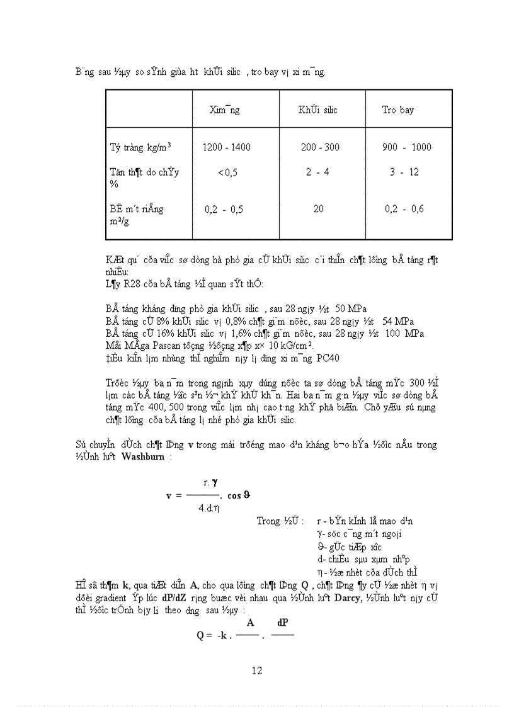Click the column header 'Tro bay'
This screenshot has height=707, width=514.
click(397, 110)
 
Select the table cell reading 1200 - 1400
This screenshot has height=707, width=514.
click(226, 147)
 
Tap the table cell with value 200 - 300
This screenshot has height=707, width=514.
click(320, 147)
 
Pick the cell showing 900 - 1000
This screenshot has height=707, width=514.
click(406, 147)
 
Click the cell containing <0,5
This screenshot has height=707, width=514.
click(227, 173)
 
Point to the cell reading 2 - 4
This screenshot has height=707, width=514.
click(317, 172)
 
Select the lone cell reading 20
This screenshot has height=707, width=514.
click(318, 209)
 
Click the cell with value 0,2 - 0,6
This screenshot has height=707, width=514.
click(404, 209)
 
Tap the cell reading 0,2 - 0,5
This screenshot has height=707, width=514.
click(224, 209)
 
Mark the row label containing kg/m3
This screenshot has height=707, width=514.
click(140, 147)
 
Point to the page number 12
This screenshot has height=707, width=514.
click(256, 670)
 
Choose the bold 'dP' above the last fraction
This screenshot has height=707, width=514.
click(282, 623)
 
